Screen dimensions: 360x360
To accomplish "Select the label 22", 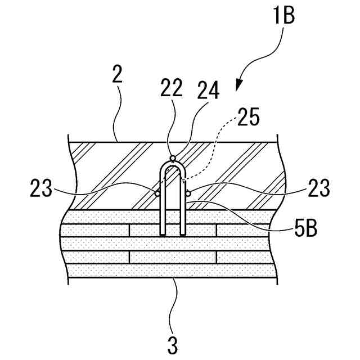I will [170, 89].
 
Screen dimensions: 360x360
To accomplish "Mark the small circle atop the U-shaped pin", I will [173, 157].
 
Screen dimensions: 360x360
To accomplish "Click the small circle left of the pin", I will [157, 193].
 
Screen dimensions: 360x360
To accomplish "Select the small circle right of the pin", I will [188, 193].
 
